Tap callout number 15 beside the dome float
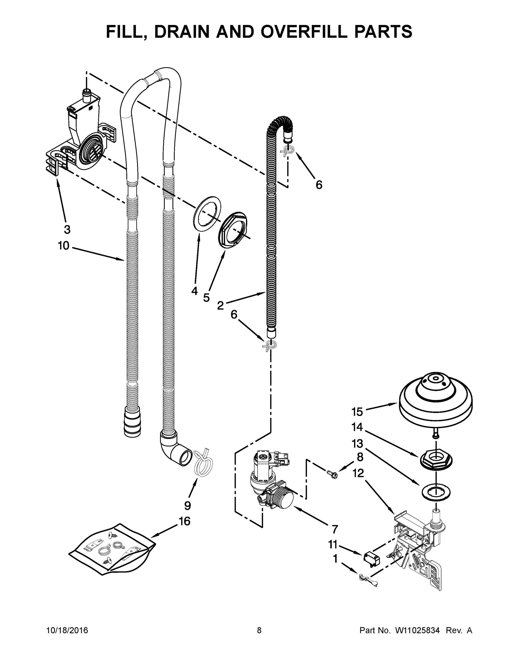tap(357, 412)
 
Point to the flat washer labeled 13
tap(435, 492)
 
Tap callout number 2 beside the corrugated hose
tap(220, 305)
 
